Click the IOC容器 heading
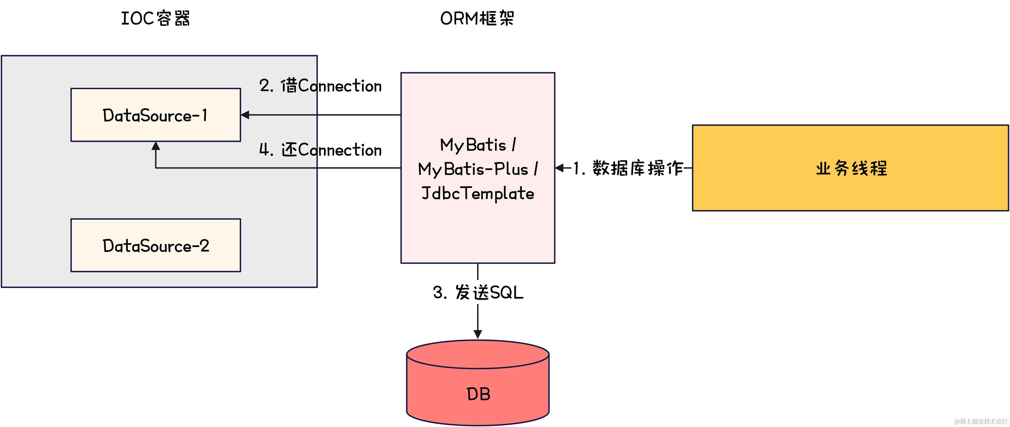155,18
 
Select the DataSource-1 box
155,115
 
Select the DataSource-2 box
155,246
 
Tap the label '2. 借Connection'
320,86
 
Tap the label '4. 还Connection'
320,150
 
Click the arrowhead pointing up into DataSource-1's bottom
156,146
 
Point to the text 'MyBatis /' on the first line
478,145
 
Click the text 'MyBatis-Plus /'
478,169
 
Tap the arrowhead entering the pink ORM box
560,168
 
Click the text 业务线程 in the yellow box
851,168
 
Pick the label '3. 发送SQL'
478,292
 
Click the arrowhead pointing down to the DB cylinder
478,334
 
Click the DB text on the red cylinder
478,394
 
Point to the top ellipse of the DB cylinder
478,354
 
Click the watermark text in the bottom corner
981,421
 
